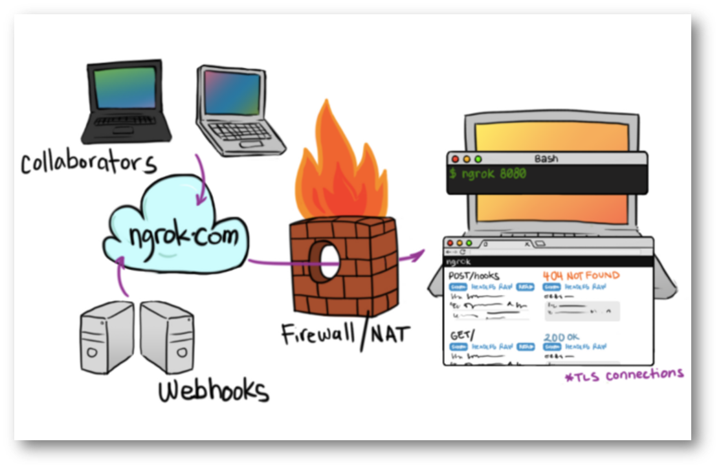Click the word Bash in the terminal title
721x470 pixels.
point(546,159)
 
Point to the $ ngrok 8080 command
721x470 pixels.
point(489,174)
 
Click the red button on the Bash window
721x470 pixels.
point(455,159)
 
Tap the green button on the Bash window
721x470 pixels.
point(478,159)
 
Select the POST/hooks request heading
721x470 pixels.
point(474,276)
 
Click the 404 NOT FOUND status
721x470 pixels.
point(581,275)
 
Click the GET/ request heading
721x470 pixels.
point(461,337)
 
